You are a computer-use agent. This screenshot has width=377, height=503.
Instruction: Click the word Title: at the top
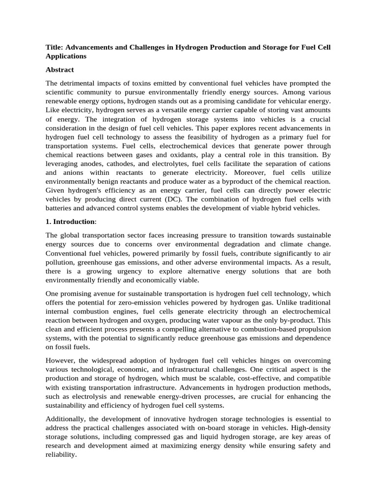(x=54, y=47)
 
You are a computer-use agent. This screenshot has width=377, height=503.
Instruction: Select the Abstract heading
(x=60, y=70)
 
